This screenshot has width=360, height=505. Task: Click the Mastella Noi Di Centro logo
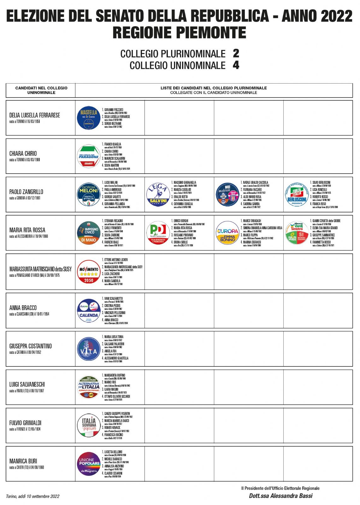(89, 118)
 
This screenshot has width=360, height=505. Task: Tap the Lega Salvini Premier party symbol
(158, 194)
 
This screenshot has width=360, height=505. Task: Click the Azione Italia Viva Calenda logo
(89, 311)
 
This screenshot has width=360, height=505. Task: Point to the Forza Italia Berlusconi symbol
(297, 194)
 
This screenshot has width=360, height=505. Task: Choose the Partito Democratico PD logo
(158, 233)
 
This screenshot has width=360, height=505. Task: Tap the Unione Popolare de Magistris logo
(89, 464)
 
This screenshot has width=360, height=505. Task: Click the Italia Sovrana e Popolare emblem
(89, 425)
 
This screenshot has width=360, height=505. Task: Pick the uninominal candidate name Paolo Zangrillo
(26, 192)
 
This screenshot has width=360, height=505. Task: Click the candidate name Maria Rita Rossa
(27, 230)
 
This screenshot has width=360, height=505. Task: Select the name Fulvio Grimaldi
(25, 423)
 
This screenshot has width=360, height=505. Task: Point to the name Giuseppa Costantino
(30, 346)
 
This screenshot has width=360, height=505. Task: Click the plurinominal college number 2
(236, 53)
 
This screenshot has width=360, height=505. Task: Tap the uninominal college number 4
(236, 65)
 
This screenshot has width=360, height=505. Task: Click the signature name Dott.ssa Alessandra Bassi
(280, 496)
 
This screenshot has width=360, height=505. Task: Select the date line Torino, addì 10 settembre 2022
(32, 496)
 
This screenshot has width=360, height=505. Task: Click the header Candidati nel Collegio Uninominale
(41, 90)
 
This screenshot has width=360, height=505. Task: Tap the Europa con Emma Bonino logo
(227, 233)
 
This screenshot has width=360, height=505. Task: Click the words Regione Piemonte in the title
(179, 33)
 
